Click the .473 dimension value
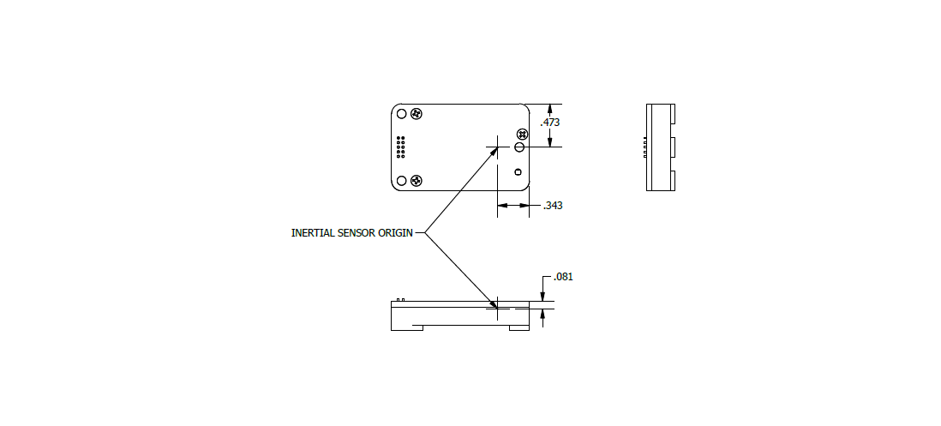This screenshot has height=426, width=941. (550, 123)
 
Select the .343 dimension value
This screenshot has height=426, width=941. (553, 206)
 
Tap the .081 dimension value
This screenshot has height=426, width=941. (564, 277)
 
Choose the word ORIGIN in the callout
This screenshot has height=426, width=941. (395, 233)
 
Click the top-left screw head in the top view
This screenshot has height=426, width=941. (417, 114)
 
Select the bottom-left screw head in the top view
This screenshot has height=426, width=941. (417, 181)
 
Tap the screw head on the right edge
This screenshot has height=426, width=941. (522, 134)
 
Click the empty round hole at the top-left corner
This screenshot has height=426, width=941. (402, 114)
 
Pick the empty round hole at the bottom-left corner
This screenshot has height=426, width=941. (402, 181)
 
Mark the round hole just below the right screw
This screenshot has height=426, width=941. (519, 147)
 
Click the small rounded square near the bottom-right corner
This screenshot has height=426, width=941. (518, 172)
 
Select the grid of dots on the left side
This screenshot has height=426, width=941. (401, 147)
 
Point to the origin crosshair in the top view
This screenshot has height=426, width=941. (498, 147)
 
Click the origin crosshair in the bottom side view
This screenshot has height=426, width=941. (498, 309)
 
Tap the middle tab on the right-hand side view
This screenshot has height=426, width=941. (673, 147)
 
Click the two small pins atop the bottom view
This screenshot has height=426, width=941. (401, 299)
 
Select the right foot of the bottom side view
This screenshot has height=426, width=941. (519, 327)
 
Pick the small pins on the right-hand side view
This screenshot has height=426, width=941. (645, 147)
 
